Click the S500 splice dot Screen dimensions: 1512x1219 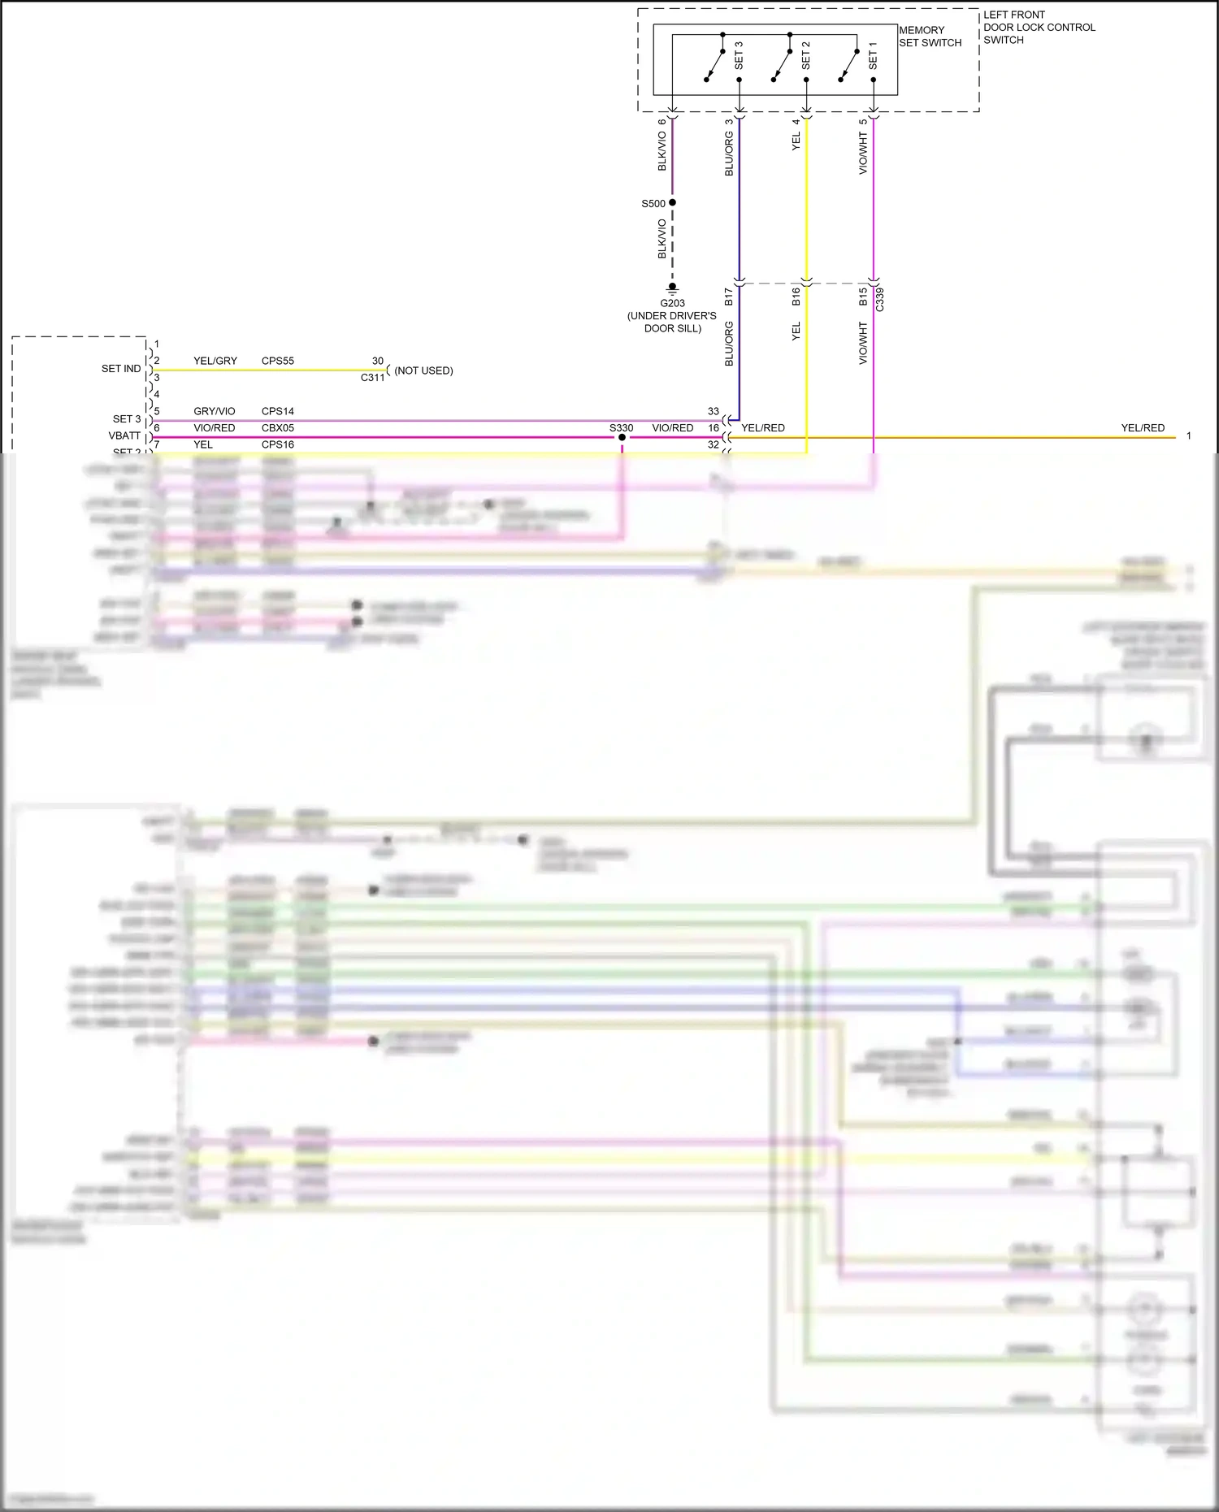(x=672, y=202)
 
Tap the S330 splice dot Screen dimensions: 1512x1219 (x=622, y=437)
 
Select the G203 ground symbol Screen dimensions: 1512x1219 (x=672, y=288)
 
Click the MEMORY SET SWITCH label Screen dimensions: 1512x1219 (x=930, y=37)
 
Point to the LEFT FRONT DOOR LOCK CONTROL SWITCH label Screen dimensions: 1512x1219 (x=1039, y=27)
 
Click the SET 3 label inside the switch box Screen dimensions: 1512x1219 (x=739, y=54)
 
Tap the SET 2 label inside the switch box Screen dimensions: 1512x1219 (x=805, y=54)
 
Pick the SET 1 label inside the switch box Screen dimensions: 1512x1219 (x=873, y=54)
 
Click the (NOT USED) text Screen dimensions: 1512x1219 (x=423, y=370)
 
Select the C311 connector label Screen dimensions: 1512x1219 (x=373, y=378)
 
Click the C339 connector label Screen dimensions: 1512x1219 (x=879, y=299)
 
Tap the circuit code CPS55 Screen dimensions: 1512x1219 (x=278, y=361)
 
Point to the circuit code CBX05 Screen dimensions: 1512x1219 (x=278, y=428)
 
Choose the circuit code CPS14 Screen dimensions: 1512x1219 (x=278, y=411)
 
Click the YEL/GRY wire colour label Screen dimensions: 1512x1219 (x=215, y=361)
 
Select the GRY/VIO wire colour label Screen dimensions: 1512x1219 (x=215, y=411)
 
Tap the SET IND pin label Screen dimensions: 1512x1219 (x=121, y=369)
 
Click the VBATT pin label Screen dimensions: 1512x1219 (x=124, y=435)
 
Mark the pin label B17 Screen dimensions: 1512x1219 (x=728, y=297)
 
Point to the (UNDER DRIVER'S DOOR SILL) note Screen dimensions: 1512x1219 (x=672, y=322)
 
